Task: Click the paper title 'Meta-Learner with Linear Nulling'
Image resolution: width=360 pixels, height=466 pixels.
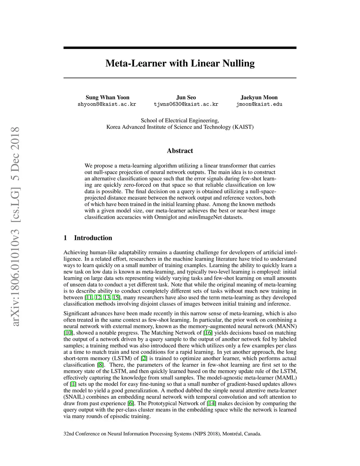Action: pos(180,63)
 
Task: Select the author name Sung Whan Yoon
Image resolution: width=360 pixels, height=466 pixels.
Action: pos(107,97)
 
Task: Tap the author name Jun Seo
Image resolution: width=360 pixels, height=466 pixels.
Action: pos(186,97)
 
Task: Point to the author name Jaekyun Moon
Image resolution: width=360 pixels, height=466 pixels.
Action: pos(259,97)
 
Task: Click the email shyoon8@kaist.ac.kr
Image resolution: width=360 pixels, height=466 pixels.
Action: pos(107,104)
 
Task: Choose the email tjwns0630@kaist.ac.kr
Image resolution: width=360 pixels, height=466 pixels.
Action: pos(186,104)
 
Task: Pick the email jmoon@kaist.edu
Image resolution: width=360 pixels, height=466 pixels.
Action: pos(259,104)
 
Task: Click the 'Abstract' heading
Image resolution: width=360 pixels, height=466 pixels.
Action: pos(180,151)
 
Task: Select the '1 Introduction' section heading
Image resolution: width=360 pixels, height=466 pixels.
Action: pos(88,238)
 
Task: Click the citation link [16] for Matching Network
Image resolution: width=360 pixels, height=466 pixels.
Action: pos(208,333)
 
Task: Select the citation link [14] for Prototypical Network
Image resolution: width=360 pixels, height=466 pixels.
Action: pos(211,403)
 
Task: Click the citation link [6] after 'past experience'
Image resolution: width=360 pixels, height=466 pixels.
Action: pos(131,403)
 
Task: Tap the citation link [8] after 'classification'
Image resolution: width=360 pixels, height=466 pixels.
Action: pos(101,365)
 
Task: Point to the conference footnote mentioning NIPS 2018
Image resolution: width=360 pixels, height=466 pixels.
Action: pos(162,434)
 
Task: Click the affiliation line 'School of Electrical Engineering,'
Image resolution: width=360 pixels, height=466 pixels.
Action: pos(180,120)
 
